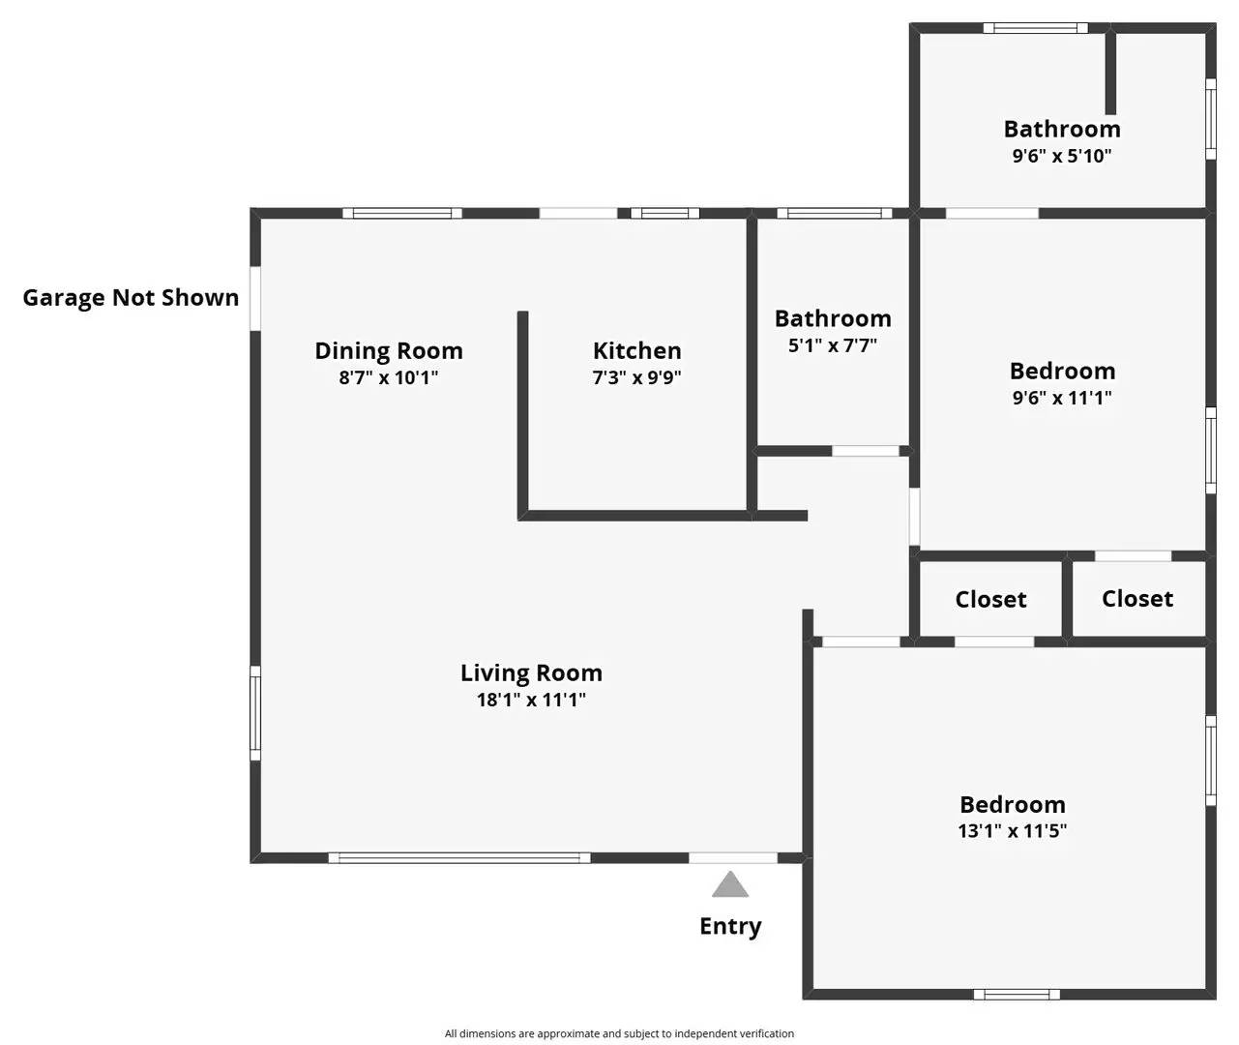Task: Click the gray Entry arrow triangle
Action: point(730,885)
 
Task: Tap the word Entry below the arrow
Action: point(730,926)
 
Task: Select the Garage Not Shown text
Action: point(131,297)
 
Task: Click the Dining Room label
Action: point(389,350)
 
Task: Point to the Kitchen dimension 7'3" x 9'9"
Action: point(636,377)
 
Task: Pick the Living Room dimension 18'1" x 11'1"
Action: point(531,700)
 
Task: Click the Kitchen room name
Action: point(636,350)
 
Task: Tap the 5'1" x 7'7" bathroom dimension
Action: point(833,345)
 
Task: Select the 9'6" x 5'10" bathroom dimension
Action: point(1062,156)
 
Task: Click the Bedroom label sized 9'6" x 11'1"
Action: point(1062,371)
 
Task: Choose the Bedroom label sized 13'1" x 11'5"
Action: point(1012,804)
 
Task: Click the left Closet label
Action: point(990,600)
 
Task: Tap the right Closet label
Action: point(1137,599)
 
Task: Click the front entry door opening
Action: point(732,857)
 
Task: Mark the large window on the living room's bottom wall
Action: point(459,857)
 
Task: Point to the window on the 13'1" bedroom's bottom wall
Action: point(1017,994)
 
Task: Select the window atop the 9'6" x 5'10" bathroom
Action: point(1035,28)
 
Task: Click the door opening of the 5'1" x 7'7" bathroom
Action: point(866,451)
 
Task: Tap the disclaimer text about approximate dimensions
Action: point(619,1033)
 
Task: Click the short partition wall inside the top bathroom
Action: point(1110,74)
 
